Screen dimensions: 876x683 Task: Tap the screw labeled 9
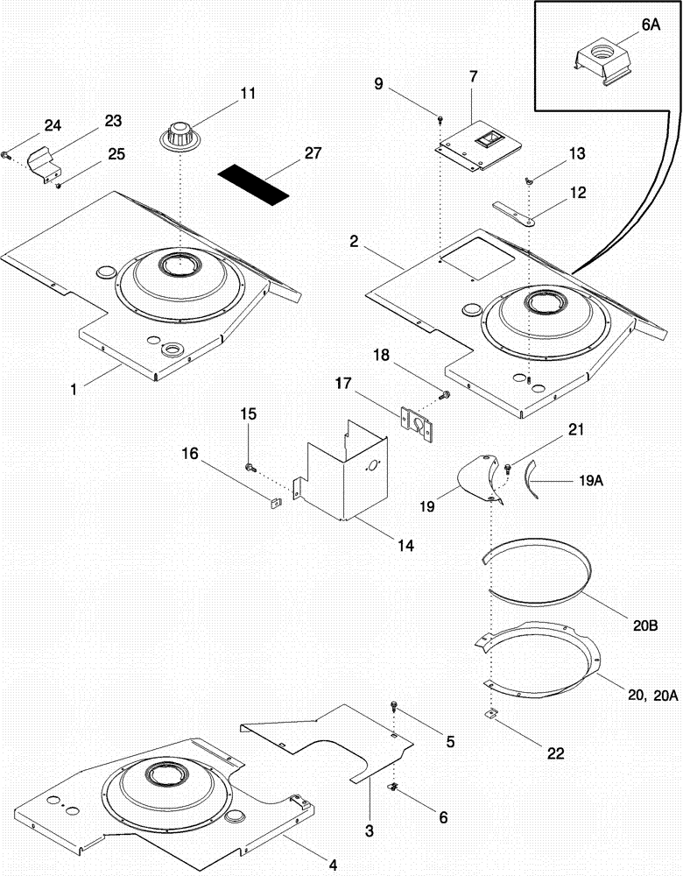(x=440, y=119)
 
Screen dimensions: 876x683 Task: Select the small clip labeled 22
(x=491, y=714)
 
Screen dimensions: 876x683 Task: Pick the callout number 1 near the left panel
(x=75, y=390)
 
